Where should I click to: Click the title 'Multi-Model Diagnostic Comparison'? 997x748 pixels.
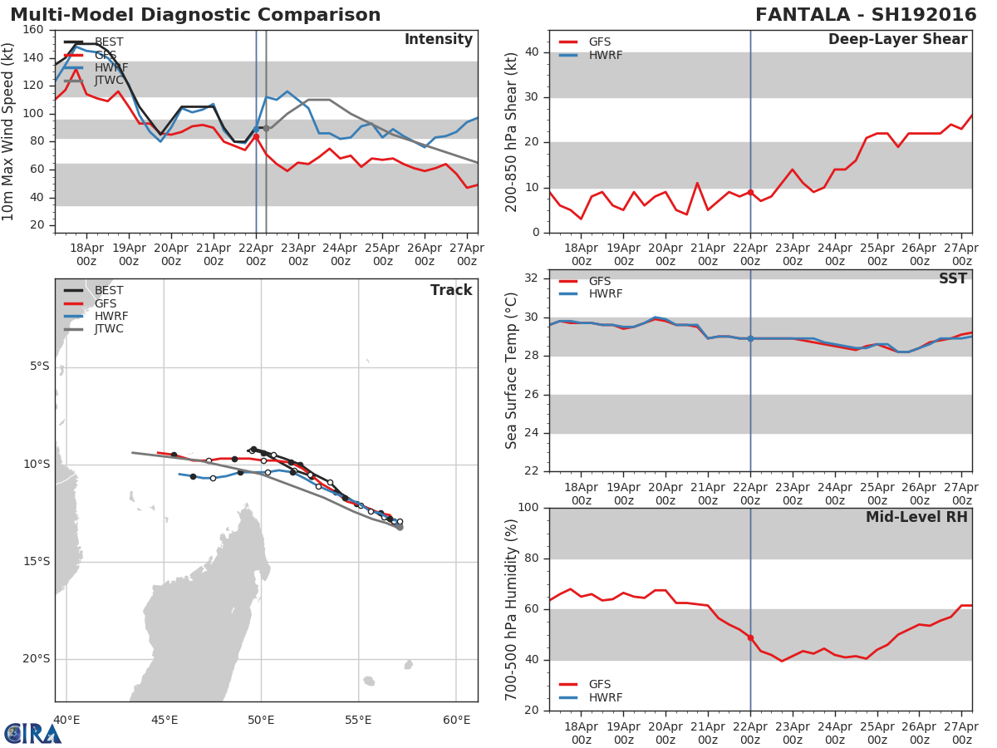pyautogui.click(x=195, y=15)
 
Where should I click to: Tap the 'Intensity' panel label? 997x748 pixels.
pyautogui.click(x=438, y=40)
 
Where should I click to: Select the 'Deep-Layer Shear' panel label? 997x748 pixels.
pyautogui.click(x=897, y=40)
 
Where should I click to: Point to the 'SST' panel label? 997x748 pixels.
pyautogui.click(x=952, y=279)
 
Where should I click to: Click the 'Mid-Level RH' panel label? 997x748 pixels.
pyautogui.click(x=916, y=518)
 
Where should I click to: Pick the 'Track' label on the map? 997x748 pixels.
pyautogui.click(x=451, y=290)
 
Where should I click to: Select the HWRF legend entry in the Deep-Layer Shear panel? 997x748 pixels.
pyautogui.click(x=605, y=56)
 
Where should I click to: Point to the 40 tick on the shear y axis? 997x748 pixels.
pyautogui.click(x=533, y=52)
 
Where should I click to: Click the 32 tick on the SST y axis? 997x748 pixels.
pyautogui.click(x=533, y=278)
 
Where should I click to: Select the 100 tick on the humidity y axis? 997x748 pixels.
pyautogui.click(x=529, y=508)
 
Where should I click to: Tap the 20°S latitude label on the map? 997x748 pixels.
pyautogui.click(x=37, y=659)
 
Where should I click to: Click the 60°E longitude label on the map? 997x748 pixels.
pyautogui.click(x=456, y=720)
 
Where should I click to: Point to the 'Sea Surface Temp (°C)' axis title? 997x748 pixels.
pyautogui.click(x=512, y=371)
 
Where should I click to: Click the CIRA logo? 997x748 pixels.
pyautogui.click(x=32, y=733)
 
